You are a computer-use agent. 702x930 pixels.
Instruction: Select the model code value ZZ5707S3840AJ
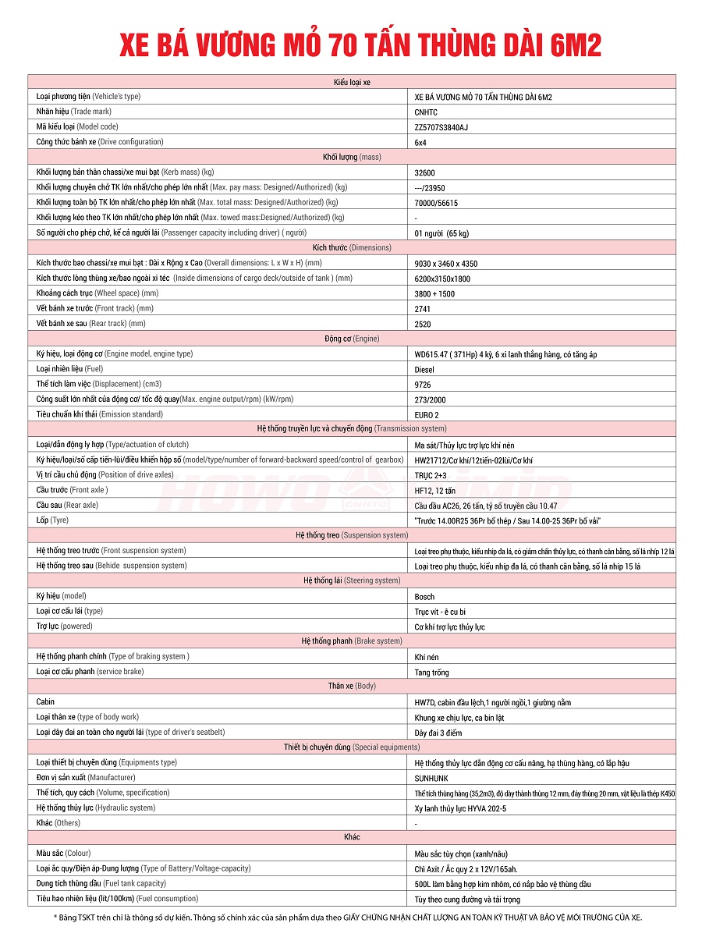point(441,127)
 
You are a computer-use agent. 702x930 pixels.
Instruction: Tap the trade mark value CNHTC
point(426,112)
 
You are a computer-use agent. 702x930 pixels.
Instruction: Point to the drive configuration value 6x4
point(420,143)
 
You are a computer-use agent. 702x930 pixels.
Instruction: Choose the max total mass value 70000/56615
point(436,203)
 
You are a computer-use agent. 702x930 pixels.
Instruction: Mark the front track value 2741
point(423,309)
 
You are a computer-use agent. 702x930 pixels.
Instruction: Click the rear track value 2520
point(423,324)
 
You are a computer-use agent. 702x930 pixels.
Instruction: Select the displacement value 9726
point(423,385)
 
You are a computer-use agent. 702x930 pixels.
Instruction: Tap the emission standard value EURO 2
point(427,415)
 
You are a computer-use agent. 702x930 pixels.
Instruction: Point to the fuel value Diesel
point(424,370)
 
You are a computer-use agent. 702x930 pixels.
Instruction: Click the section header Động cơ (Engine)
point(351,339)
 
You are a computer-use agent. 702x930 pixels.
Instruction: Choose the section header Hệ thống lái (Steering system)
point(351,580)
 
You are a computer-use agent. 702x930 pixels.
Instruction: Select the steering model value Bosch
point(425,597)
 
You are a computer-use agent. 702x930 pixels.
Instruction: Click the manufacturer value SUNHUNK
point(431,778)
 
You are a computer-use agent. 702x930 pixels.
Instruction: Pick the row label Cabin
point(45,701)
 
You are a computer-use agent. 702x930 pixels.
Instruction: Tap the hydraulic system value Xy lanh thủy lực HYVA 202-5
point(460,808)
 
